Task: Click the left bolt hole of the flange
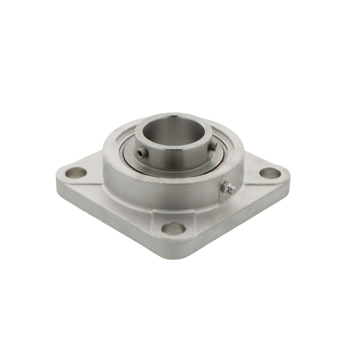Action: coord(75,172)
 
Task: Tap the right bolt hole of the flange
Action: coord(270,172)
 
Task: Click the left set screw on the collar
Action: coord(143,153)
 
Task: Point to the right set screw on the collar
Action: coord(213,145)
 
